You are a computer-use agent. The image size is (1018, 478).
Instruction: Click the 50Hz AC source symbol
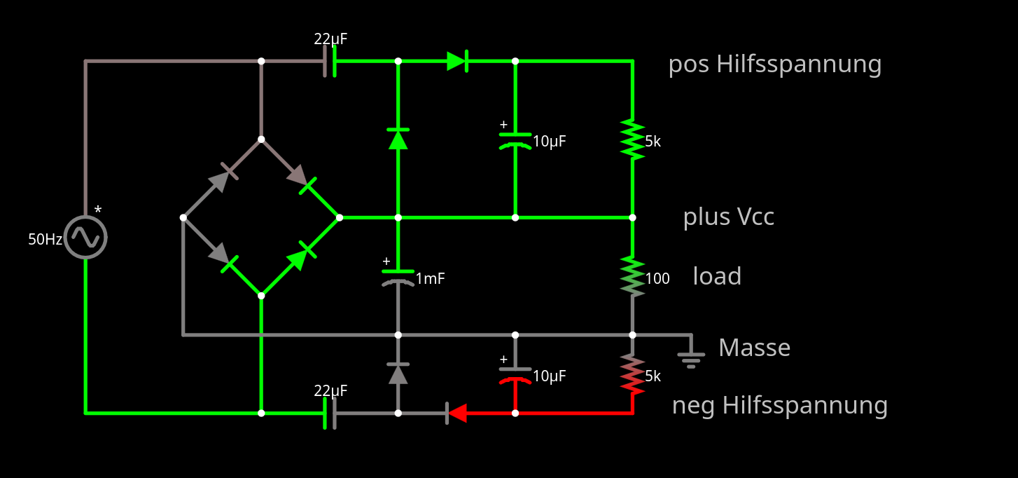85,238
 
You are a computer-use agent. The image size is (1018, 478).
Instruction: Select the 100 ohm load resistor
632,275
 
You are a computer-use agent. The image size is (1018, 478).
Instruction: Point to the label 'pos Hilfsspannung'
774,64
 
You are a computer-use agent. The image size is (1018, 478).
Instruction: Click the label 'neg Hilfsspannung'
779,405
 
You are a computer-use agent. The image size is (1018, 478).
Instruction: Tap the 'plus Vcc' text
728,217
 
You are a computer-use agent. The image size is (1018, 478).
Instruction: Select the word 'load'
717,276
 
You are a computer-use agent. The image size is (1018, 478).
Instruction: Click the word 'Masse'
754,348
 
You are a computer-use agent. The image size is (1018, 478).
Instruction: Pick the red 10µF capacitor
515,375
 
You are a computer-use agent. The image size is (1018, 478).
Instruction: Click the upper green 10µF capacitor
515,139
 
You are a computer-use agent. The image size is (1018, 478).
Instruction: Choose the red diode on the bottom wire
456,414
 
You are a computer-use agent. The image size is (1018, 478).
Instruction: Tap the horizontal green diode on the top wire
457,61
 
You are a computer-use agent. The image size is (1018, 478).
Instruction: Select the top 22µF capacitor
329,61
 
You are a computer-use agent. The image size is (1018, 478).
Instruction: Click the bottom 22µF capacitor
329,414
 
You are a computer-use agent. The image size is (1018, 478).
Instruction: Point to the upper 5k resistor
632,139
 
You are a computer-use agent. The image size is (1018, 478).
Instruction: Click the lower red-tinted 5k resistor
632,374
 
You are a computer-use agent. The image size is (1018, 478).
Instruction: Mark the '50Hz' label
45,240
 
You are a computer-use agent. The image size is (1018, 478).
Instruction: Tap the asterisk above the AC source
98,210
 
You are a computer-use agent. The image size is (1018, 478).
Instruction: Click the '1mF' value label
430,279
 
